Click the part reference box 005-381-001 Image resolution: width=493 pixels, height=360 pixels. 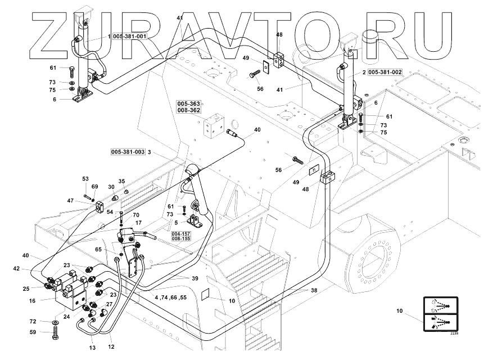[x=130, y=36]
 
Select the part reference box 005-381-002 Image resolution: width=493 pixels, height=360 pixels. [x=386, y=73]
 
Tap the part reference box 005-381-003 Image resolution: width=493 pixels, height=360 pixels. [x=128, y=152]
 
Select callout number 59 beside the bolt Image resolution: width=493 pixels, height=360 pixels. [x=33, y=332]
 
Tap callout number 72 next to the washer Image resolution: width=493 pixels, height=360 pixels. [x=33, y=321]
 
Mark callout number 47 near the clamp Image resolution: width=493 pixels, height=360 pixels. [x=71, y=201]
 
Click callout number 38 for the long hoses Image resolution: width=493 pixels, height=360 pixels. [x=314, y=291]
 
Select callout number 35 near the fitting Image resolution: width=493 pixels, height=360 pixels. [x=121, y=182]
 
